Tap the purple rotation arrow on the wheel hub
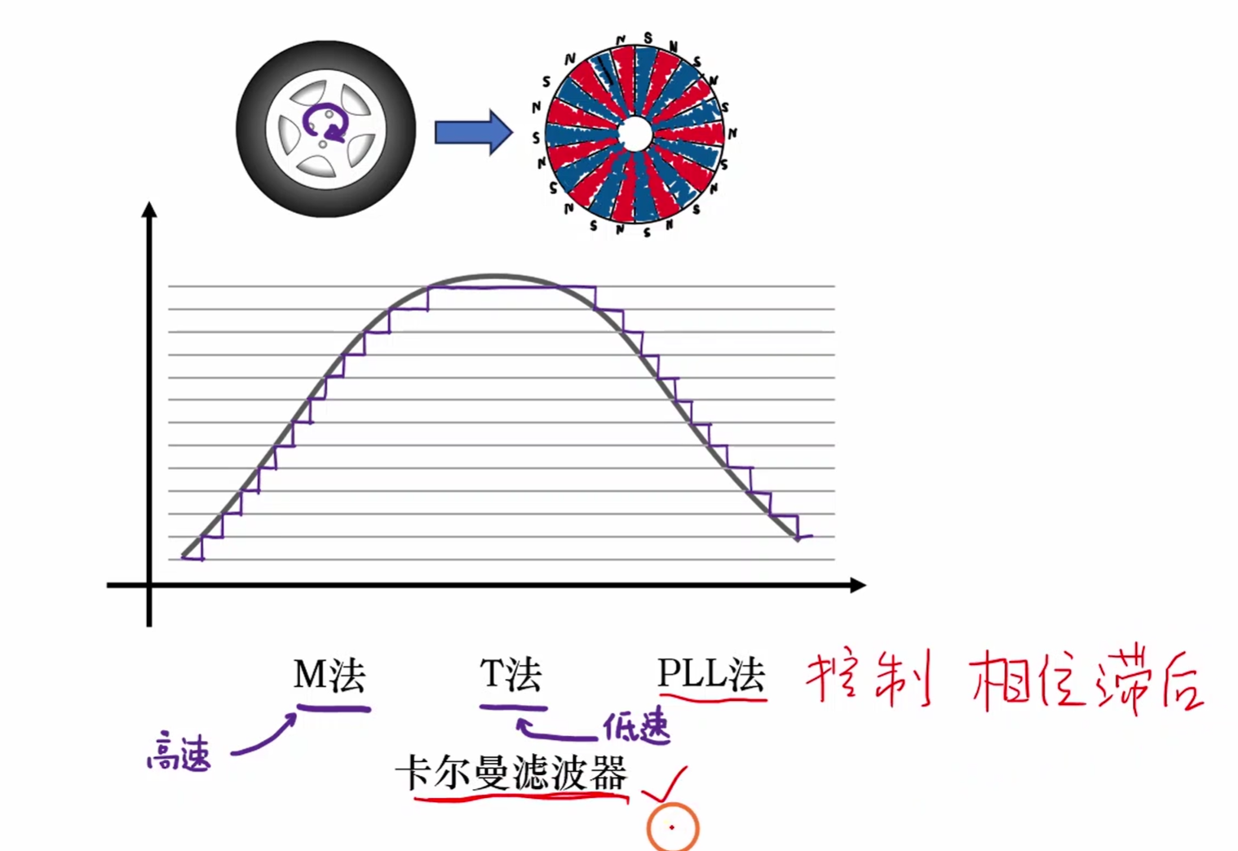325,124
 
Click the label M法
329,676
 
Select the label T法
511,676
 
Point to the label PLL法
710,676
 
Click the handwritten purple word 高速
179,752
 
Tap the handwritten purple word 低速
636,725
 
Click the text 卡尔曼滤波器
511,773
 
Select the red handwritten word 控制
868,679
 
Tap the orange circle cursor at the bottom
672,827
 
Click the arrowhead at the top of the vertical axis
148,210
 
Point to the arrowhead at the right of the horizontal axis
857,585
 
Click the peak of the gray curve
494,276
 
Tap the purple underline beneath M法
333,708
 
